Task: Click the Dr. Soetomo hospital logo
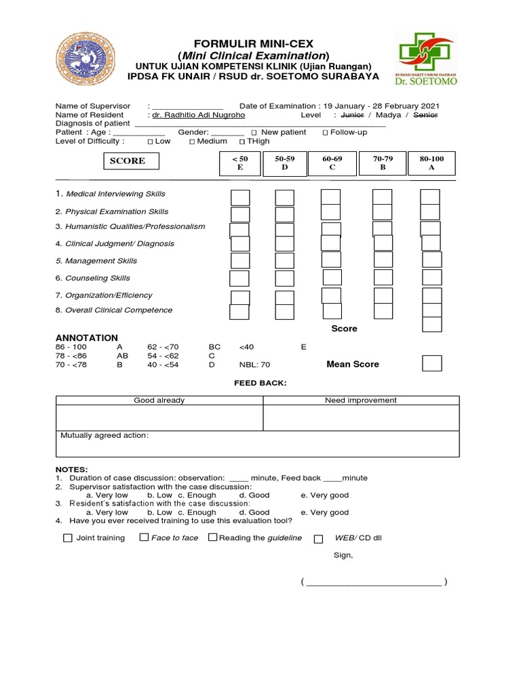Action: coord(426,62)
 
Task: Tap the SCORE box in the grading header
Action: coord(128,161)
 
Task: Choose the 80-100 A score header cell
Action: coord(431,163)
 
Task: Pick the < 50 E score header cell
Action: coord(239,163)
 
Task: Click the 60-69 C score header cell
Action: coord(332,163)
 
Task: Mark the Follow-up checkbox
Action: coord(326,133)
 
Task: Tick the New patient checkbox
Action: coord(254,133)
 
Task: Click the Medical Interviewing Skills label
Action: coord(115,194)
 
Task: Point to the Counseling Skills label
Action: coord(97,278)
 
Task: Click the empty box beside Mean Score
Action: coord(431,363)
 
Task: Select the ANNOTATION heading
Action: coord(87,338)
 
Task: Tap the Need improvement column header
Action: coord(361,400)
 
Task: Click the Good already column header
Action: coord(159,400)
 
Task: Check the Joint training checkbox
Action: coord(67,538)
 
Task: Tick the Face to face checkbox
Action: coord(144,537)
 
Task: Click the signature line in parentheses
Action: coord(374,582)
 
